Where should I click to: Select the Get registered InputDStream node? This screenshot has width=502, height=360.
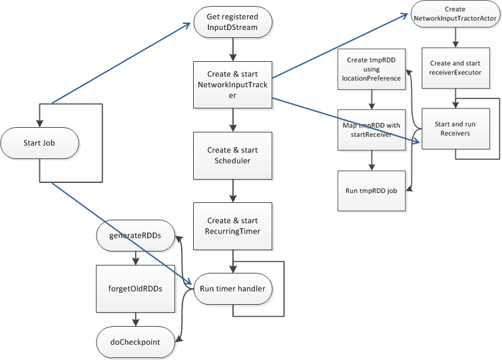tap(232, 22)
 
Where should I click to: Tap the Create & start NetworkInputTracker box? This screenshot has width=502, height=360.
tap(232, 85)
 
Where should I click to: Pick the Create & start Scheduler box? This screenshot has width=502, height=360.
tap(232, 154)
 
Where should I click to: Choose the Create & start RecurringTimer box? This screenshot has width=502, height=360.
tap(232, 226)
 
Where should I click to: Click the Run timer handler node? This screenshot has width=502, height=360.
tap(232, 289)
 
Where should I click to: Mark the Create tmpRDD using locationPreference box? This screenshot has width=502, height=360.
tap(372, 69)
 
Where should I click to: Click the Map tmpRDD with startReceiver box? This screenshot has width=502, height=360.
tap(372, 130)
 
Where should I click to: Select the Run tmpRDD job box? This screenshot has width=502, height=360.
tap(372, 190)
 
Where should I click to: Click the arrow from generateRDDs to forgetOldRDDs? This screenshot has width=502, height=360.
tap(135, 256)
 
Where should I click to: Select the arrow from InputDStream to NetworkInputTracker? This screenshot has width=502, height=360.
tap(232, 49)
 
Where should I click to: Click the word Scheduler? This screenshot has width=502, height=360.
tap(232, 160)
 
